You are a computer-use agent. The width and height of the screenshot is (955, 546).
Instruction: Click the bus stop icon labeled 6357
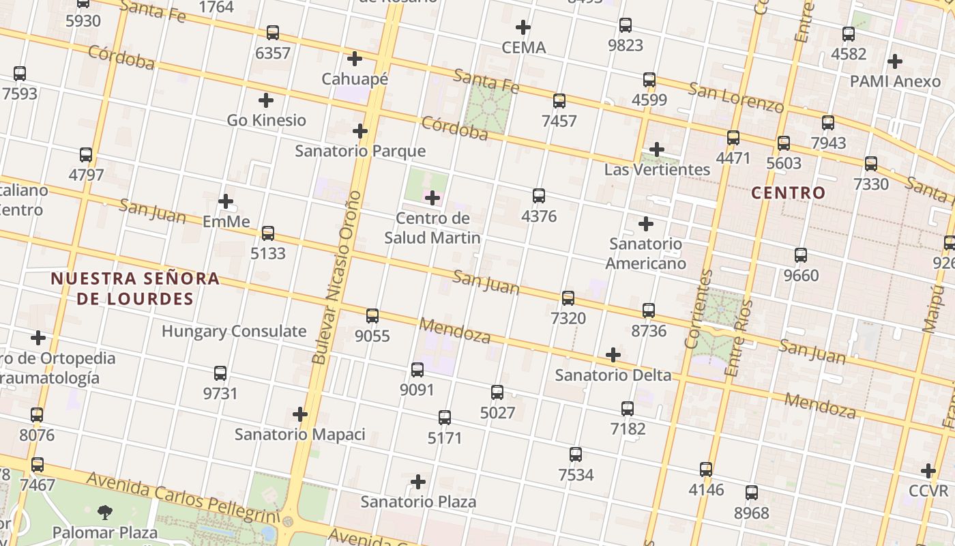[273, 32]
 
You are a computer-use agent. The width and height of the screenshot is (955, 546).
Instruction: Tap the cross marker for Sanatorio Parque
[360, 131]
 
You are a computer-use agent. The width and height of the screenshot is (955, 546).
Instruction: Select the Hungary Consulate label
[234, 332]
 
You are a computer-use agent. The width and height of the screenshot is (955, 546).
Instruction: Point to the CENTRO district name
[789, 193]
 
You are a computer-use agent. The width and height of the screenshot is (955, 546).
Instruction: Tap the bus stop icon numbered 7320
[568, 298]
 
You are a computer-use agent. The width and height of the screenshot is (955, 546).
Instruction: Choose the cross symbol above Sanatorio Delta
[613, 355]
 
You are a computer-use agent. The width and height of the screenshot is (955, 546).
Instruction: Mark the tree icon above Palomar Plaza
[105, 512]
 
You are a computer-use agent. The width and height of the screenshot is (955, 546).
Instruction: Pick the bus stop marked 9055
[372, 316]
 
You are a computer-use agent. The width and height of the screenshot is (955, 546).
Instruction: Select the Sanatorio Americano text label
[645, 253]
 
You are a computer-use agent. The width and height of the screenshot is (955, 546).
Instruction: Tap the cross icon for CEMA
[523, 27]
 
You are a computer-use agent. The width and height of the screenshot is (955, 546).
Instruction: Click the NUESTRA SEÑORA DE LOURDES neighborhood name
[135, 288]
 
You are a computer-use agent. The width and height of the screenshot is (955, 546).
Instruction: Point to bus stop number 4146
[706, 470]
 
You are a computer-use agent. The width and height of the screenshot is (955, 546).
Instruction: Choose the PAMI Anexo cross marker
[895, 61]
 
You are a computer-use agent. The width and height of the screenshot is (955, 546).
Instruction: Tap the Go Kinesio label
[266, 121]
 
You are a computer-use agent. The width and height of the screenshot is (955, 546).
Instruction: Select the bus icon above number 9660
[801, 255]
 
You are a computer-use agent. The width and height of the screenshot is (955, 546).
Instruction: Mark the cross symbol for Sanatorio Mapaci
[300, 414]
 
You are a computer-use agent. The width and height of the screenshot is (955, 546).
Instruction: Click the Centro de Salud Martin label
[432, 228]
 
